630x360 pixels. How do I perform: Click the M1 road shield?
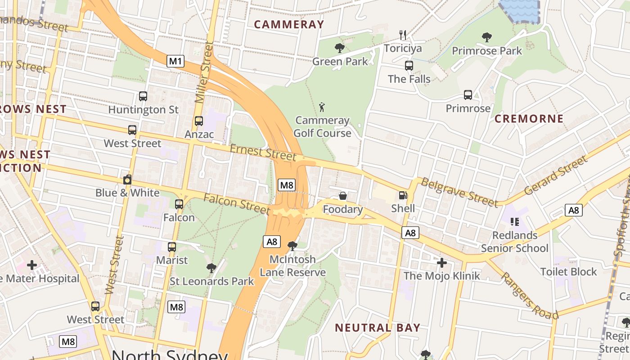[x=175, y=61]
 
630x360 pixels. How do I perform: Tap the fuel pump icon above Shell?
[x=403, y=196]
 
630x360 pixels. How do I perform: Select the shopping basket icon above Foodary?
[x=343, y=196]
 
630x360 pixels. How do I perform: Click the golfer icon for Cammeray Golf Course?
[x=322, y=107]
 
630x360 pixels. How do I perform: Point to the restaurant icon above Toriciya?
[x=403, y=35]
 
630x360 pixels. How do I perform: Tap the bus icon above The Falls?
[x=409, y=66]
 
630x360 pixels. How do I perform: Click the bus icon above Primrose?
[x=468, y=95]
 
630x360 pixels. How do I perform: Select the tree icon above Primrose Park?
[x=486, y=37]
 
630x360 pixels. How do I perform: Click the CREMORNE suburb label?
[x=529, y=119]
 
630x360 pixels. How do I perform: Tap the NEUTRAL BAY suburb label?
[x=378, y=328]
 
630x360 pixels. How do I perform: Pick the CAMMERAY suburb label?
[x=289, y=24]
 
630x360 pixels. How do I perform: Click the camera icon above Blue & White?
[x=127, y=180]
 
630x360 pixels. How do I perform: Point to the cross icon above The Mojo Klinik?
[x=442, y=262]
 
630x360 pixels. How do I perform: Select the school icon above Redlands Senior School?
[x=515, y=221]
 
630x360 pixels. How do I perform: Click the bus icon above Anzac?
[x=199, y=121]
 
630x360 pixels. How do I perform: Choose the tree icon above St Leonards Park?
[x=211, y=268]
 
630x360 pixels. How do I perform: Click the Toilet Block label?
[x=568, y=272]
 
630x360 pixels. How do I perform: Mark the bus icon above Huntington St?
[x=143, y=96]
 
